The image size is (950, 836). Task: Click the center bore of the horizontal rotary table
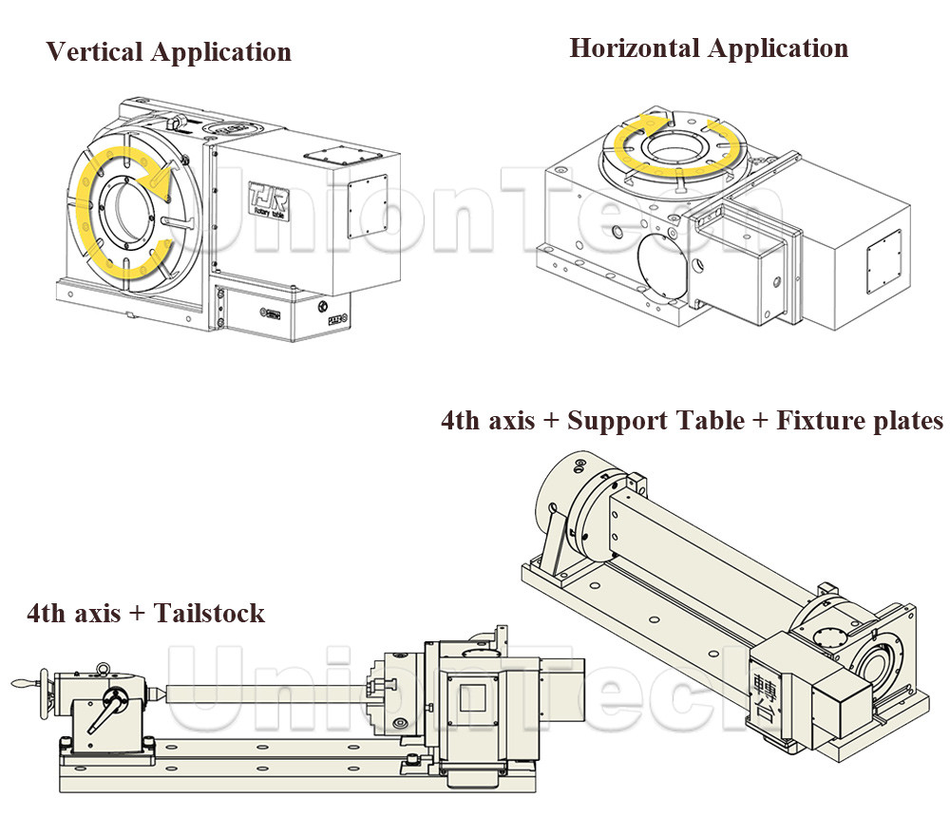[675, 151]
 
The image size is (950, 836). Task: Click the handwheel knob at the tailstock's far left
[21, 683]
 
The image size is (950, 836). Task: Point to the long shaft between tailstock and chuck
[266, 695]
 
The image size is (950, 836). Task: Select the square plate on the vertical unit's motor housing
[365, 205]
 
